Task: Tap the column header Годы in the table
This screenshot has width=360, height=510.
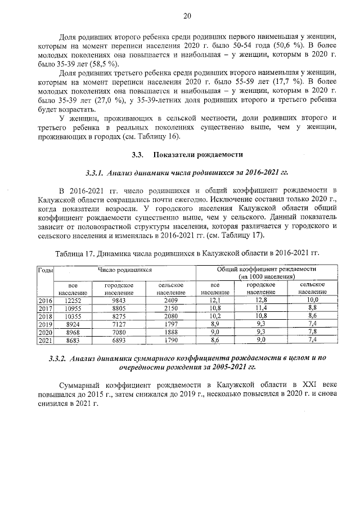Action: tap(45, 270)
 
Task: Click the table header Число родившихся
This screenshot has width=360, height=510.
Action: tap(125, 270)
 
